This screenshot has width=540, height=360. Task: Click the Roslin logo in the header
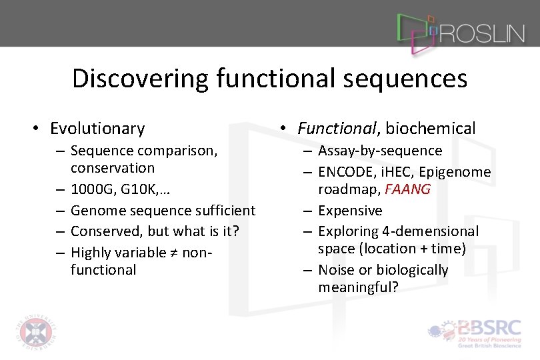tap(460, 31)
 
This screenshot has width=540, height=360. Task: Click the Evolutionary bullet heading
tap(97, 128)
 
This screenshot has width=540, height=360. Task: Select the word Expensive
tap(350, 211)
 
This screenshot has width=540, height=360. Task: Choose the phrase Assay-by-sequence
tap(380, 151)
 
